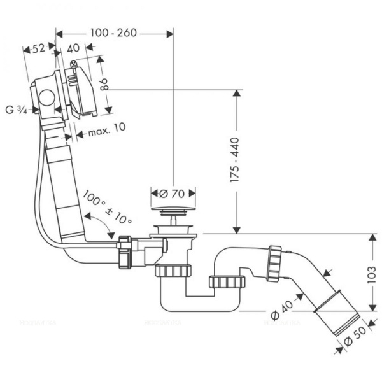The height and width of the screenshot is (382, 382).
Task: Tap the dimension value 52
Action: coord(38,48)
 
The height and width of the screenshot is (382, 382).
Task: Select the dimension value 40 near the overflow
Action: coord(73,48)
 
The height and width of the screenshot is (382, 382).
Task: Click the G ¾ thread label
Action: coord(17,110)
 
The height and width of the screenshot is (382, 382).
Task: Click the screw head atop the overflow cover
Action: coord(76,64)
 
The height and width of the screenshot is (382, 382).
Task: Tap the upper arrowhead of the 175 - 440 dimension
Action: coord(237,94)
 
